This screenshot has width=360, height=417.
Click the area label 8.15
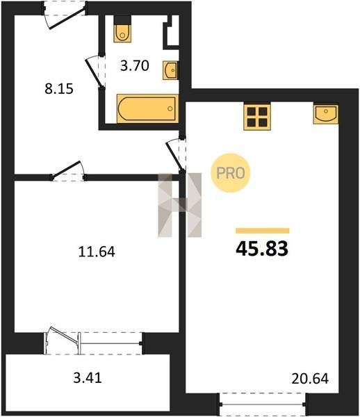(59, 89)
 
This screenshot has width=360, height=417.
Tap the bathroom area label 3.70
(135, 66)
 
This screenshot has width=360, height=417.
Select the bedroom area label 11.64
(97, 252)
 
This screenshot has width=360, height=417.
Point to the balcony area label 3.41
(88, 377)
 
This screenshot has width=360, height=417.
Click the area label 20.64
(310, 379)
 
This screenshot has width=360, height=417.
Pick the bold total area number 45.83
(262, 248)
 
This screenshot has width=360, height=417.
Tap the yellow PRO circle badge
(231, 173)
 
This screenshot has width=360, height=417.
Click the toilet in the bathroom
(122, 29)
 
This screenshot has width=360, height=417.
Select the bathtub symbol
(147, 108)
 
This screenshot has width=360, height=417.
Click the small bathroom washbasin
(170, 70)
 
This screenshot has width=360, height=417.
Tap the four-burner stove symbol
(257, 117)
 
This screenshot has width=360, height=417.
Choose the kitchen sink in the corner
(326, 114)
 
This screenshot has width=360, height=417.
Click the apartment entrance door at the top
(64, 15)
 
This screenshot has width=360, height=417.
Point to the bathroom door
(95, 72)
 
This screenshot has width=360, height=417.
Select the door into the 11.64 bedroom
(69, 172)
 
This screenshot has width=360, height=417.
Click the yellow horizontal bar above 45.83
(263, 231)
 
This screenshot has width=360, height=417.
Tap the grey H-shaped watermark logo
(180, 205)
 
